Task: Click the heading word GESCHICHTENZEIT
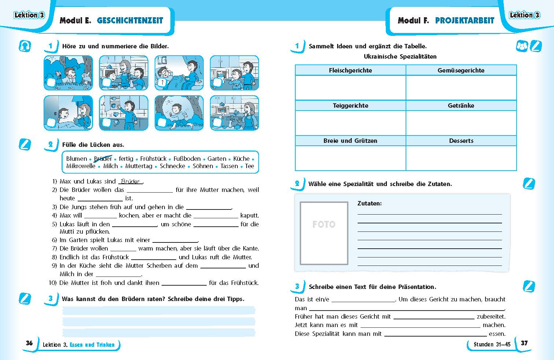pos(130,21)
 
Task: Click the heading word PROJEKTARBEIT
pos(465,21)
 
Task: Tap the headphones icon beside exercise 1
pos(25,46)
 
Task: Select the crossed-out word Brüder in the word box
pos(103,159)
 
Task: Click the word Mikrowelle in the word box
pos(81,166)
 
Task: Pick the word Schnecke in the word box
pos(172,166)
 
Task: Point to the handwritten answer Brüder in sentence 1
pos(130,181)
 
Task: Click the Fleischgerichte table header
pos(350,70)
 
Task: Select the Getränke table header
pos(461,105)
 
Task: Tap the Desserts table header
pos(461,141)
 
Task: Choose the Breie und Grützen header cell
pos(350,141)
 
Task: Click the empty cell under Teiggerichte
pos(350,123)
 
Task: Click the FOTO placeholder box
pos(324,233)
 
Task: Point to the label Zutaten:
pos(369,203)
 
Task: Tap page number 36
pos(29,343)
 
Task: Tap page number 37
pos(524,343)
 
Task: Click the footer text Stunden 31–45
pos(492,344)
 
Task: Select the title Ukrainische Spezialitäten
pos(400,56)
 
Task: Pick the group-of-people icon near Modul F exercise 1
pos(521,47)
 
